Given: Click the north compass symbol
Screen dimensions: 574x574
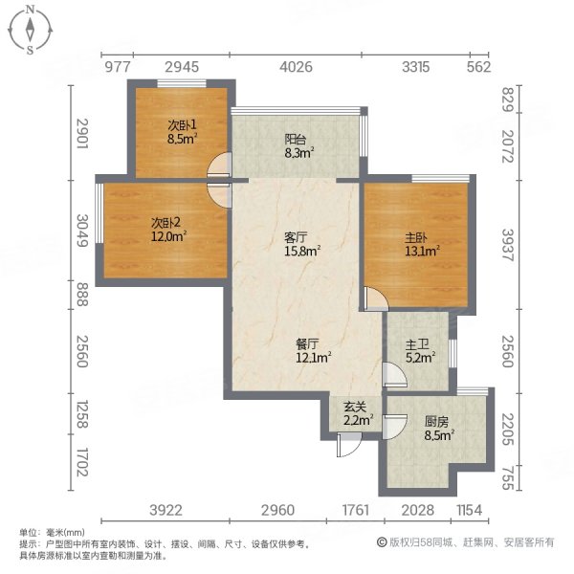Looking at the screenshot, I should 31,29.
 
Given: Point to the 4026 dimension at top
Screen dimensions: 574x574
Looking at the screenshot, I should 296,66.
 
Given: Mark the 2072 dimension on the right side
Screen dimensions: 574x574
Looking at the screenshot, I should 508,148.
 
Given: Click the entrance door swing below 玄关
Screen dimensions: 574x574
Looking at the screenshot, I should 349,444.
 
